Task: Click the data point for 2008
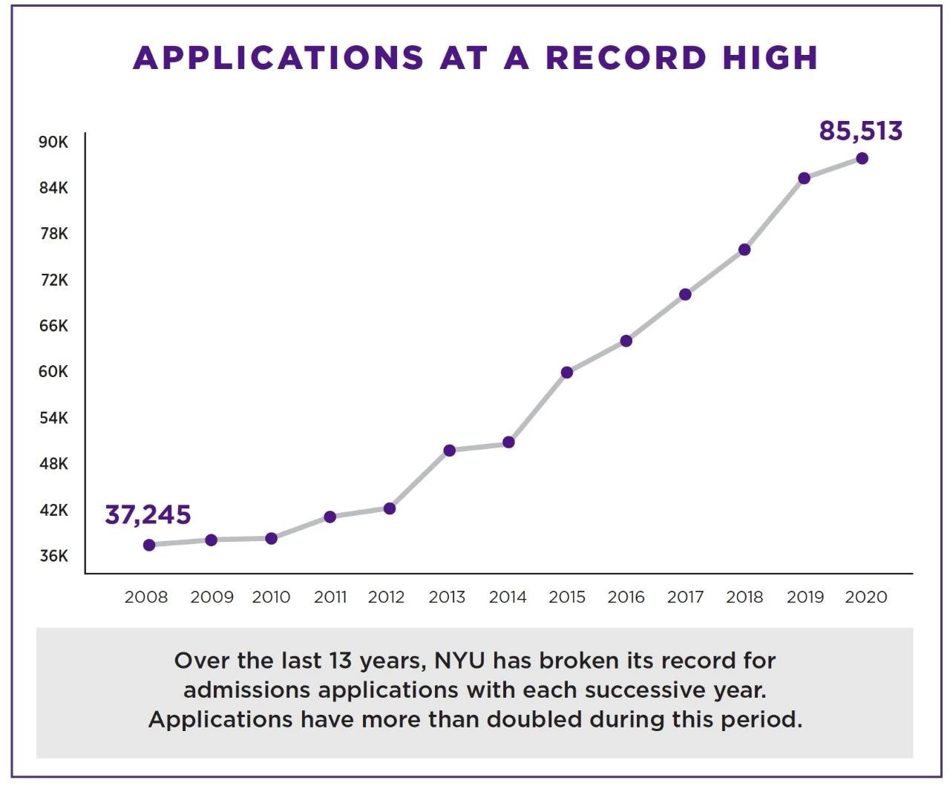(149, 545)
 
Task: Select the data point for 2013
(449, 451)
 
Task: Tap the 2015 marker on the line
(567, 373)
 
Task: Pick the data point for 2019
(804, 178)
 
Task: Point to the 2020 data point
(862, 158)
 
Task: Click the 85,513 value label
(860, 131)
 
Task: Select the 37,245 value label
(148, 514)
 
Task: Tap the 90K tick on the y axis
(53, 142)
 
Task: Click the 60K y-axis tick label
(53, 372)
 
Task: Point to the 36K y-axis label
(53, 556)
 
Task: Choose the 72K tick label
(53, 280)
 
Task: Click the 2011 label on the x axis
(330, 597)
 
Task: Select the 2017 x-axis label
(685, 597)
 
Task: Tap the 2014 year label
(508, 597)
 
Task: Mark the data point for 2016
(626, 341)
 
